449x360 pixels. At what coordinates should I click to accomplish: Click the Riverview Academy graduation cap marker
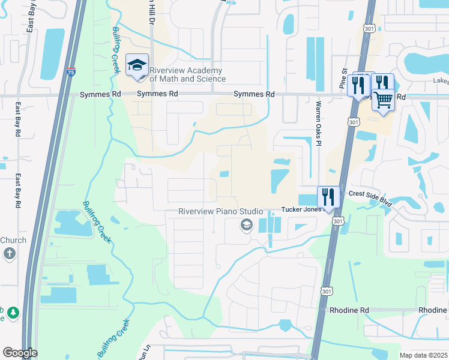(x=137, y=65)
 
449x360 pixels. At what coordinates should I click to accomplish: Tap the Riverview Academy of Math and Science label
(x=188, y=74)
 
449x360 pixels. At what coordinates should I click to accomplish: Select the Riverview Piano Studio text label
(x=221, y=212)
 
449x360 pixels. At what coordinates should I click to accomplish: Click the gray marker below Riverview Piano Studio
(x=246, y=225)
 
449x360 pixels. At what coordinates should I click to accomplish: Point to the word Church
(x=13, y=240)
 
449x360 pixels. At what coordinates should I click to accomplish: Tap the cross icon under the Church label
(x=9, y=253)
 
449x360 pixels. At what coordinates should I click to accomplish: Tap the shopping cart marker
(x=383, y=99)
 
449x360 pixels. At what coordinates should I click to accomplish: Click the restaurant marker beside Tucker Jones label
(x=328, y=196)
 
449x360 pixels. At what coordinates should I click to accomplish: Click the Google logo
(x=20, y=353)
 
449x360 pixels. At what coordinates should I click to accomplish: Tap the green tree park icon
(x=13, y=313)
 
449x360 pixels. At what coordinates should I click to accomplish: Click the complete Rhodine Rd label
(x=349, y=310)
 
